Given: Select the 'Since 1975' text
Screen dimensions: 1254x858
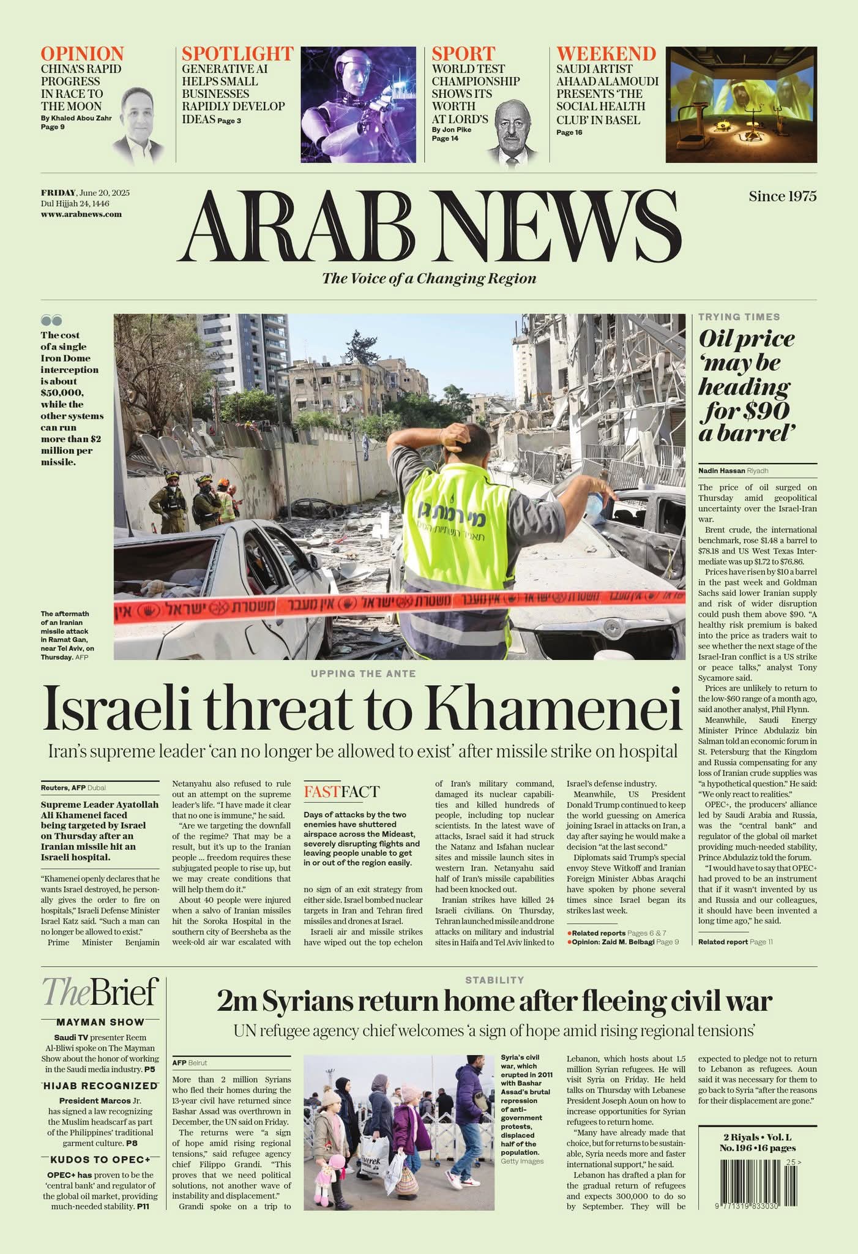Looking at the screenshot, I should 782,196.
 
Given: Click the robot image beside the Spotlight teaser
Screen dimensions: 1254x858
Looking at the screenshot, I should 358,105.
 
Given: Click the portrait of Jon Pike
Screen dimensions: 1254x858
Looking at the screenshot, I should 513,133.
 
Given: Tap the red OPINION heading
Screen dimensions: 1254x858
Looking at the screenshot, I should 82,54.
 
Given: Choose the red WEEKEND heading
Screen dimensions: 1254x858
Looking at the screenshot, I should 606,54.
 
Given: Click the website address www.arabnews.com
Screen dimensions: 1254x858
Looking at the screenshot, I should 81,214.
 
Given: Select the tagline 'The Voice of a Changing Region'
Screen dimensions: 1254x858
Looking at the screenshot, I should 429,279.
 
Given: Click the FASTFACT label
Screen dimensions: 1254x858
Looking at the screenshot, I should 341,792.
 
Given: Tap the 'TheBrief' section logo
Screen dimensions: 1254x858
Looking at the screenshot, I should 100,991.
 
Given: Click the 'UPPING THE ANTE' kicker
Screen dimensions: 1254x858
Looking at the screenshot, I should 363,674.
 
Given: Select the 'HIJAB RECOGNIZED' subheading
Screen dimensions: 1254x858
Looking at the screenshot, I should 100,1086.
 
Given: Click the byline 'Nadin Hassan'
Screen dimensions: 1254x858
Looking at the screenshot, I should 721,470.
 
